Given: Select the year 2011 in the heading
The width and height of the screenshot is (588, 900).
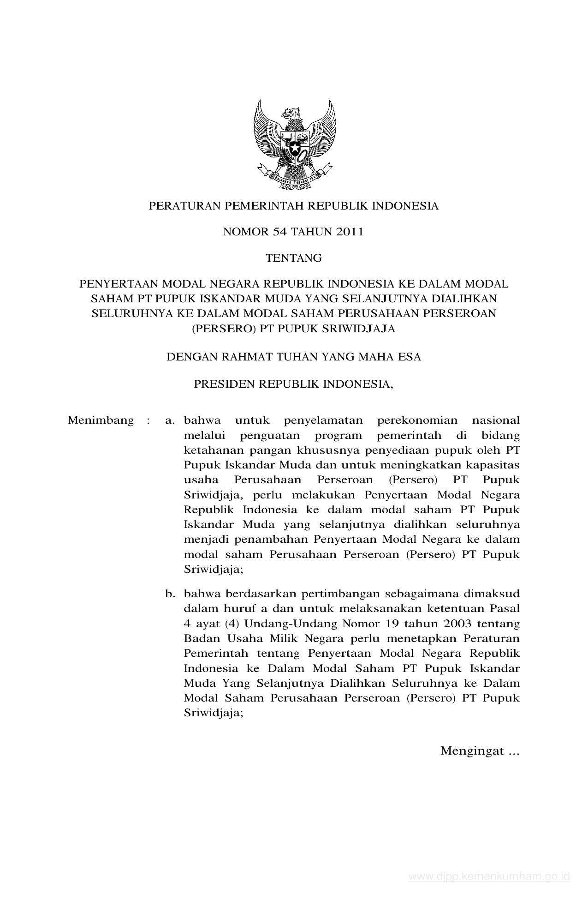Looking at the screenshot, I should [x=350, y=232].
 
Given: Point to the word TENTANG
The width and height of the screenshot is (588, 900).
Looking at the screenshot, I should [x=294, y=258].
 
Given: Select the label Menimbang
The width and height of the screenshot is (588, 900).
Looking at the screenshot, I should [x=101, y=420].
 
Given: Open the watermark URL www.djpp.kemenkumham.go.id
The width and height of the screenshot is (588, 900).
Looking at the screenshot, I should [x=489, y=876].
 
